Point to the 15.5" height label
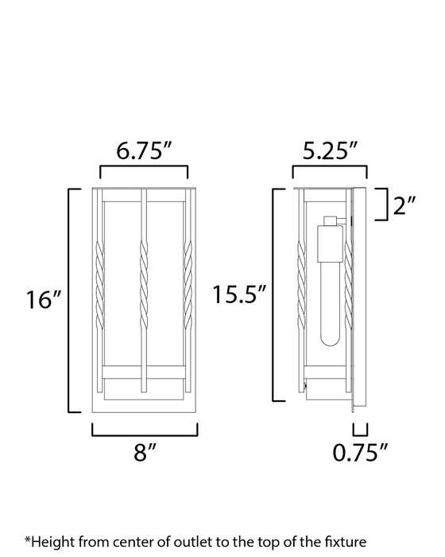pos(239,295)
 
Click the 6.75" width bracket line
pos(144,166)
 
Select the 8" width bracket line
pos(144,434)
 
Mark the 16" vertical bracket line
pos(70,301)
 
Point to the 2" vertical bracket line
pos(385,206)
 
